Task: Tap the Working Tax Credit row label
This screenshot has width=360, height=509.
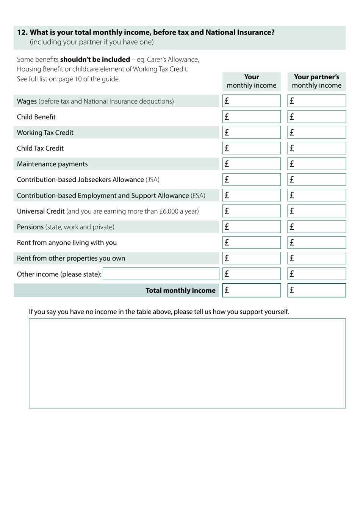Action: pos(45,133)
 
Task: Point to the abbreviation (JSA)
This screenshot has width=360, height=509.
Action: pos(152,180)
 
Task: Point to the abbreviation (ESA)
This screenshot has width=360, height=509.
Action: pos(198,196)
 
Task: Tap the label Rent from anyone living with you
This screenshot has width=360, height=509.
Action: pos(67,243)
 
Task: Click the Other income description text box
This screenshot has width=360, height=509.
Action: pos(161,274)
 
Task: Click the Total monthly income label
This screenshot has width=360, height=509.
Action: pos(180,291)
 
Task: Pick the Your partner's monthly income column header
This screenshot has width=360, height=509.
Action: pos(316,81)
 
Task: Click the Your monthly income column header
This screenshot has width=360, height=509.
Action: pos(252,81)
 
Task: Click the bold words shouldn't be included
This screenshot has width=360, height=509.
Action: pos(95,60)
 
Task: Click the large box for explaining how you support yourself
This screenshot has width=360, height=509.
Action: pos(187,363)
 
